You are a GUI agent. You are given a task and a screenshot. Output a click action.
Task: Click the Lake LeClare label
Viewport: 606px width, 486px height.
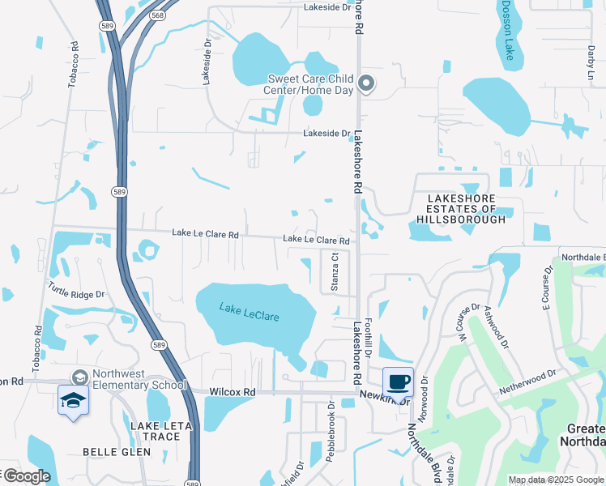coord(250,311)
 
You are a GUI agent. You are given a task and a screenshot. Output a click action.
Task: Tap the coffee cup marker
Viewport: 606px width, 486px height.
coord(398,382)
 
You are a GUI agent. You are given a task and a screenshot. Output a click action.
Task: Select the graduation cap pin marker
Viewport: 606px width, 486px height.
coord(73,400)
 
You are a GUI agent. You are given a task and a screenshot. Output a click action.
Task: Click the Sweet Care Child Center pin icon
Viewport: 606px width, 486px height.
coord(366,83)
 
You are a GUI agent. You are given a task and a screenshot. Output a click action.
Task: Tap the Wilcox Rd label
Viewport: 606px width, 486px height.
coord(232,392)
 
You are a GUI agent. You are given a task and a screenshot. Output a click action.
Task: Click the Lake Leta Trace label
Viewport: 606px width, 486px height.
coord(159,431)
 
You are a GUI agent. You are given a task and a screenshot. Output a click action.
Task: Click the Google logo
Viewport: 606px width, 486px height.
coord(26,477)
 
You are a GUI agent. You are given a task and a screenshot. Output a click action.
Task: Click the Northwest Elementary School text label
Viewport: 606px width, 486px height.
coord(139,380)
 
